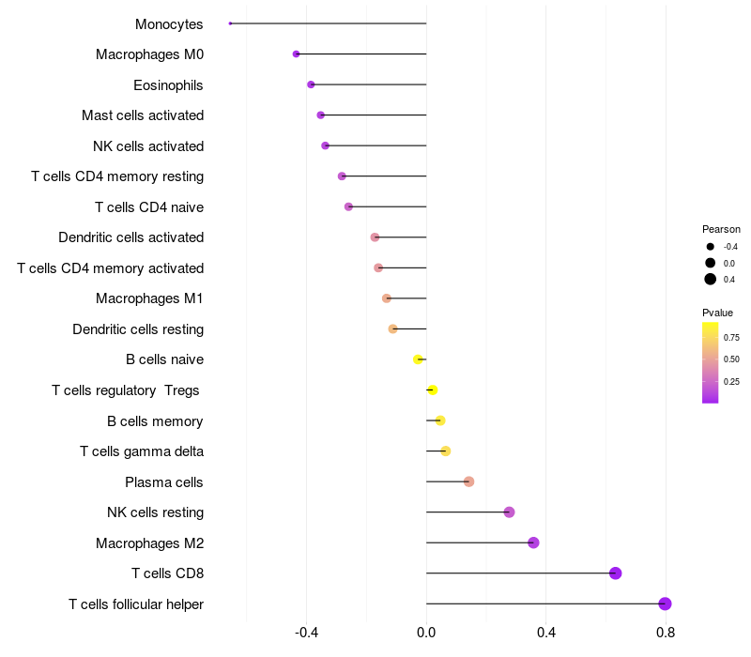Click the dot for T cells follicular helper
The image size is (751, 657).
[x=665, y=604]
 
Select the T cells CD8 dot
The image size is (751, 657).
[x=615, y=573]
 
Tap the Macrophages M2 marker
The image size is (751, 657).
[x=533, y=542]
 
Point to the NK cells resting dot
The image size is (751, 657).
[x=509, y=512]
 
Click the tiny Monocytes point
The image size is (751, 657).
[x=230, y=23]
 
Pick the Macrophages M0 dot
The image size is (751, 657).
[x=296, y=54]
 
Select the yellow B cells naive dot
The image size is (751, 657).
[x=418, y=359]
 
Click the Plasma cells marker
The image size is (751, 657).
[x=468, y=481]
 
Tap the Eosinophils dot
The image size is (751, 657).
[x=311, y=84]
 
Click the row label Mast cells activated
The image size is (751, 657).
[x=143, y=115]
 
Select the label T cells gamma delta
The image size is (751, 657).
[x=142, y=451]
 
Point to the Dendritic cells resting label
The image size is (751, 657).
[x=138, y=329]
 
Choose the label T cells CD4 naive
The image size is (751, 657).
[x=149, y=206]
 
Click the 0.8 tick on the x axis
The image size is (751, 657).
[x=666, y=632]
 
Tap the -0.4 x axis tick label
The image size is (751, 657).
[x=306, y=632]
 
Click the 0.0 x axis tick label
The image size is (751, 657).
[x=426, y=632]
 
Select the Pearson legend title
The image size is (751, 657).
[x=721, y=229]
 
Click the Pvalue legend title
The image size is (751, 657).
[x=717, y=313]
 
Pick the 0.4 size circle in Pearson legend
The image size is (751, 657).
[x=711, y=279]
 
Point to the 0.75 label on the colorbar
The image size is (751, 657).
[x=731, y=337]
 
